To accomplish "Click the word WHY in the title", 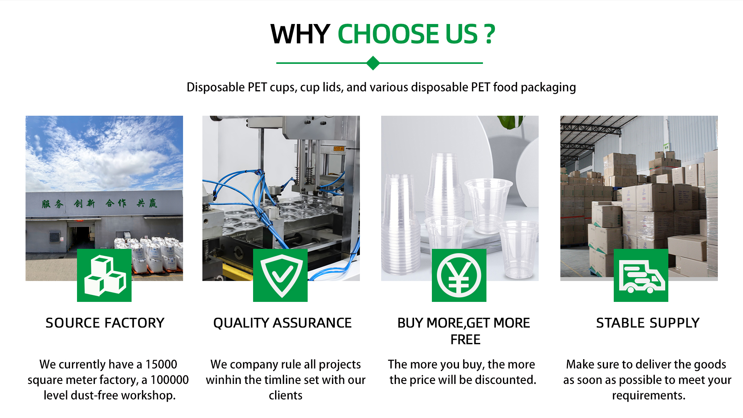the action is coord(300,34).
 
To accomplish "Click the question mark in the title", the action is coord(490,34).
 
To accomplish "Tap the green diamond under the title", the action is coord(373,63).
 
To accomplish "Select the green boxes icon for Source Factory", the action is coord(104,275).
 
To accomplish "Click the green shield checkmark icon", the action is coord(280,275).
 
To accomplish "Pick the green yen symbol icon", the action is coord(459,275).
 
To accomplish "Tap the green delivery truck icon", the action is coord(641,275).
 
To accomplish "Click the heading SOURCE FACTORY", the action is coord(105,323).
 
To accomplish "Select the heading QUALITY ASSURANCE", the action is coord(282,323).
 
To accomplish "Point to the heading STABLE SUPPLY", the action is coord(648,323).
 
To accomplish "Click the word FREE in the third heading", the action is coord(465,339).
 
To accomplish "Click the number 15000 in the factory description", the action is coord(161,364).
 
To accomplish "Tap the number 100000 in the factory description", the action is coord(169,380).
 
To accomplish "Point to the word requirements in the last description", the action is coord(649,396).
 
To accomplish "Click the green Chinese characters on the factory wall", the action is coord(99,203).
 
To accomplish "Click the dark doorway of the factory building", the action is coord(83,238).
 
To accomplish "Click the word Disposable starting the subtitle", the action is coord(215,87).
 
